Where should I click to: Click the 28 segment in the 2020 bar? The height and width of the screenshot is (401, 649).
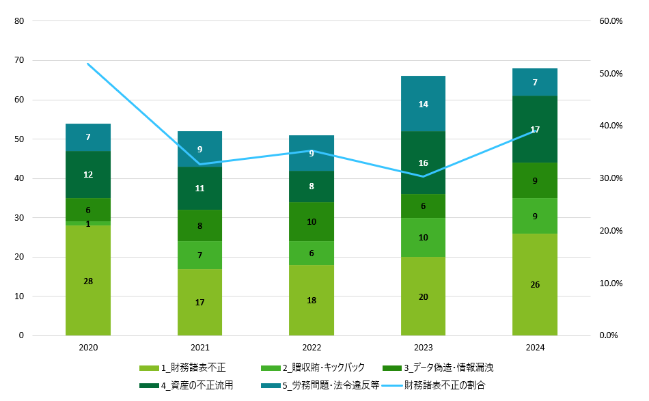tap(88, 281)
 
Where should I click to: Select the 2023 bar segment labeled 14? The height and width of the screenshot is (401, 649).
tap(423, 104)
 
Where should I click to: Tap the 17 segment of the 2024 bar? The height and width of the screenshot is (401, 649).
tap(535, 129)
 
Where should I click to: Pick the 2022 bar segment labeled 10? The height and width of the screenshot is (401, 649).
tap(312, 221)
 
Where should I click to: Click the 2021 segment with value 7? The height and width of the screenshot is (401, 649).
tap(199, 255)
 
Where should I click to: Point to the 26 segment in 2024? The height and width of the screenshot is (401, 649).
tap(535, 284)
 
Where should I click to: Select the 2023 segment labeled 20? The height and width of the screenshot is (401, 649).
tap(423, 296)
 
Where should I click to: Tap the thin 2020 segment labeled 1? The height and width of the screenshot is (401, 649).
tap(88, 223)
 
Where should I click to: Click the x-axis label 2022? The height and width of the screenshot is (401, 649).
tap(312, 348)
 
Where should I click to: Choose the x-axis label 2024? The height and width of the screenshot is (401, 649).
tap(535, 348)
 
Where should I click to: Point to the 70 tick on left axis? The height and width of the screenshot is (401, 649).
tap(18, 61)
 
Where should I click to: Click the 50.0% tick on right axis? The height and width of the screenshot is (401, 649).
tap(611, 74)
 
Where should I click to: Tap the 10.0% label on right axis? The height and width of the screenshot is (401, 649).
tap(611, 284)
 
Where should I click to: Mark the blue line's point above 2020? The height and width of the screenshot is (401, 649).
tap(88, 64)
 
